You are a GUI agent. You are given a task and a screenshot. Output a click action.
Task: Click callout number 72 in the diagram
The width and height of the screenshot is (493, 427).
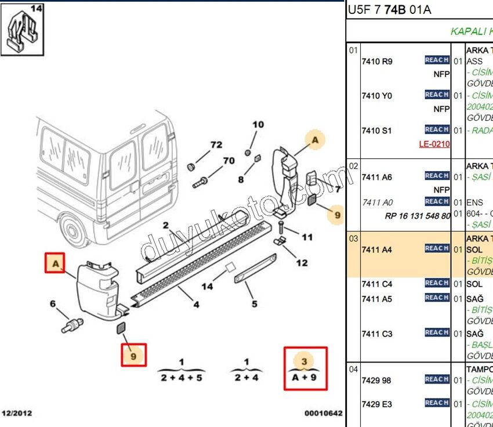pyautogui.click(x=216, y=144)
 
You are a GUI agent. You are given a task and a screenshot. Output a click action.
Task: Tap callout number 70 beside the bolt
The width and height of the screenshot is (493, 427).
pyautogui.click(x=229, y=161)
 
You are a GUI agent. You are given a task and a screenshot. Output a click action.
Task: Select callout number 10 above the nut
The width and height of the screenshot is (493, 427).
pyautogui.click(x=258, y=124)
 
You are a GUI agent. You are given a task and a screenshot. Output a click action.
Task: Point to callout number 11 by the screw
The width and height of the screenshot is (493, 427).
pyautogui.click(x=307, y=237)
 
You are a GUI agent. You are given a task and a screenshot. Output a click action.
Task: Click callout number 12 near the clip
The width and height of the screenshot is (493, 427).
pyautogui.click(x=302, y=263)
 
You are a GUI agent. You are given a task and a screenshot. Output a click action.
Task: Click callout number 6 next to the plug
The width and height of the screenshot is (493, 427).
pyautogui.click(x=53, y=303)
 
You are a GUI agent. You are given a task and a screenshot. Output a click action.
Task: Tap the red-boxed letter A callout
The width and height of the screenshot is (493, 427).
pyautogui.click(x=56, y=263)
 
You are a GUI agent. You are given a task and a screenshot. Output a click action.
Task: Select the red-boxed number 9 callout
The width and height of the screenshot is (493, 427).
pyautogui.click(x=133, y=355)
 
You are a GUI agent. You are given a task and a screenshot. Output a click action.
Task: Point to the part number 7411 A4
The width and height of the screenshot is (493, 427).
pyautogui.click(x=376, y=250)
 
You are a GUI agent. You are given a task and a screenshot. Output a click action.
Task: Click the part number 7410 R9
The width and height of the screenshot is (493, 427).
pyautogui.click(x=376, y=61)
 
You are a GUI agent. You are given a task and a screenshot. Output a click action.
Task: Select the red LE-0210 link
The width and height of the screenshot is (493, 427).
pyautogui.click(x=434, y=144)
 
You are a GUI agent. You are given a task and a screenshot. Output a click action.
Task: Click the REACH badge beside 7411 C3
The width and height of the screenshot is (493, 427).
pyautogui.click(x=437, y=332)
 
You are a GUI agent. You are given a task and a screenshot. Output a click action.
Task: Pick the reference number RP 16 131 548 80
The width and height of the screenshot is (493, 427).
pyautogui.click(x=418, y=216)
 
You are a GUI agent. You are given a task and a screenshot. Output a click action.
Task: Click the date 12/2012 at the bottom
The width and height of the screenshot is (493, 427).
pyautogui.click(x=17, y=413)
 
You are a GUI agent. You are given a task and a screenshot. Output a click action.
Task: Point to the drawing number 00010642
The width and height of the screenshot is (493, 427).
pyautogui.click(x=324, y=413)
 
